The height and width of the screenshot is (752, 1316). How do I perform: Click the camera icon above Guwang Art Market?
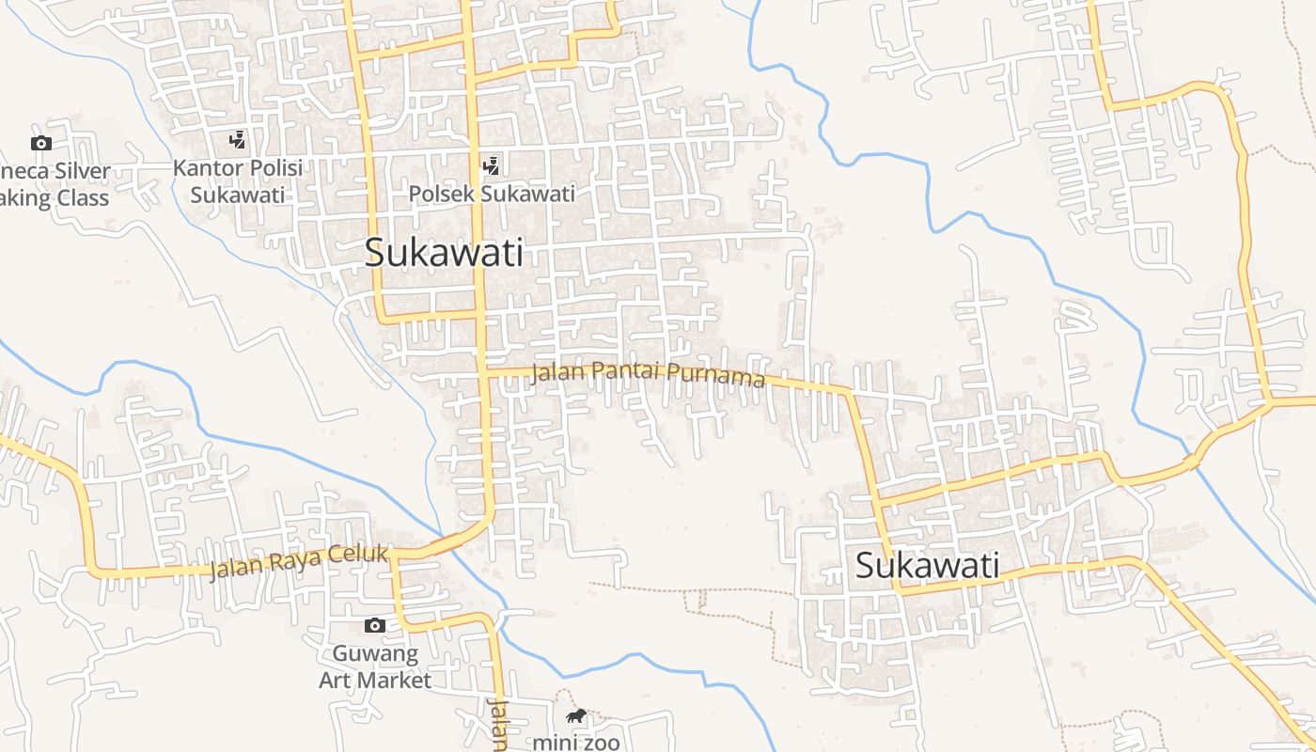tap(375, 626)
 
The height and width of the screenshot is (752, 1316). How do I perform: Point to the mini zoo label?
tap(576, 743)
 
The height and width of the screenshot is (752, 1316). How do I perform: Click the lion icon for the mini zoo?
tap(576, 717)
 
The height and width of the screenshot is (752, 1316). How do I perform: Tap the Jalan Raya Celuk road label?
tap(299, 561)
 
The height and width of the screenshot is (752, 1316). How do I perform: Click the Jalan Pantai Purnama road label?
tap(648, 373)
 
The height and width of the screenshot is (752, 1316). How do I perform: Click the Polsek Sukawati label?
tap(492, 195)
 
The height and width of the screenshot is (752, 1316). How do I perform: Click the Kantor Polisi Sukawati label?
tap(238, 181)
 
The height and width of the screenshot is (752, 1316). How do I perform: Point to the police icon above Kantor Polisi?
tap(238, 141)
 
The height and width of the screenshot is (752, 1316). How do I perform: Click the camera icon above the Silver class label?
tap(40, 143)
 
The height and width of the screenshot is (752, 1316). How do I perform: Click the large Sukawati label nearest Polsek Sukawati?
tap(444, 253)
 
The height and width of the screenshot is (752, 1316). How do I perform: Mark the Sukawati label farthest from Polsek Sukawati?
tap(927, 567)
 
